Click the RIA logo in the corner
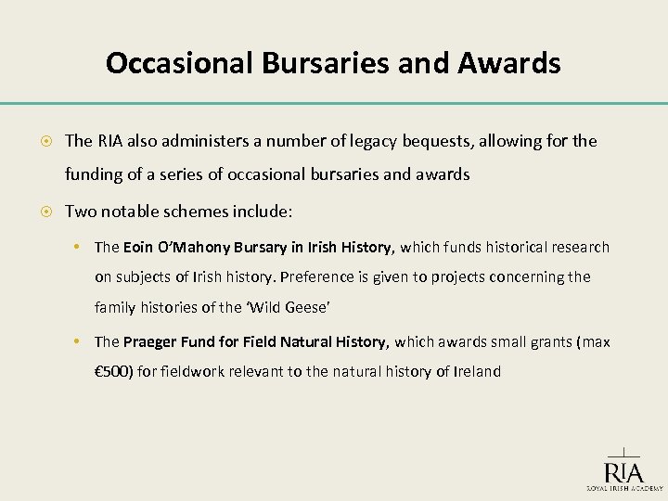click(x=623, y=468)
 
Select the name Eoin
click(x=138, y=247)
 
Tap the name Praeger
click(x=149, y=342)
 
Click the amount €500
click(x=115, y=372)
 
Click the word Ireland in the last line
click(x=477, y=372)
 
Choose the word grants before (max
click(x=548, y=342)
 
